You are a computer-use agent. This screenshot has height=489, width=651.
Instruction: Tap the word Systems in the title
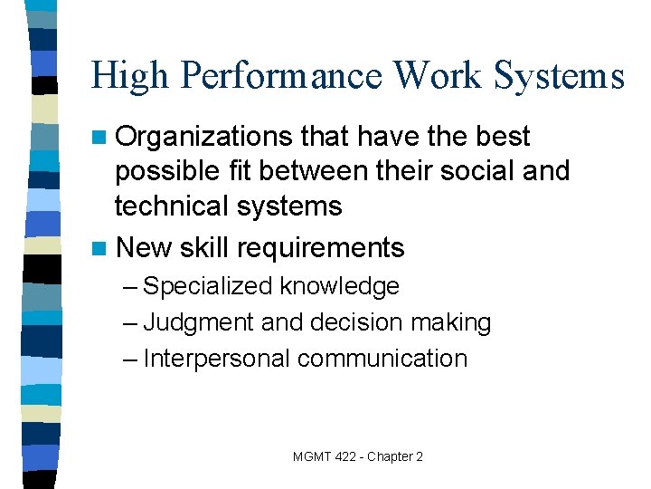coord(557,76)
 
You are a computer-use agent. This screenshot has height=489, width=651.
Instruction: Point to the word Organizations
coord(203,138)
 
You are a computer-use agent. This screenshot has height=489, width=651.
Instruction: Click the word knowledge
coord(339,287)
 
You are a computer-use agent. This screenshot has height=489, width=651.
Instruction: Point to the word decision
coord(355,322)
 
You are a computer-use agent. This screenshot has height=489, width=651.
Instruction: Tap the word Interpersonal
coord(217,359)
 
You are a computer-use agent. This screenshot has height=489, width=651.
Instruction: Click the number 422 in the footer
coord(344,456)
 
